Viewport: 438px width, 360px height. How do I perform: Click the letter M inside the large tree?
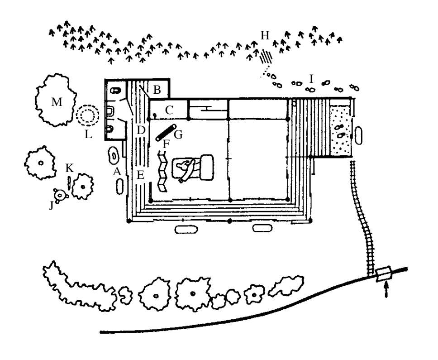point(56,103)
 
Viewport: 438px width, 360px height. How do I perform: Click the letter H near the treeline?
point(265,36)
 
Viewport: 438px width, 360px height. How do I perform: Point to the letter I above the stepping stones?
point(311,78)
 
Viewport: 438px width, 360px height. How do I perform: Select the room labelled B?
point(157,90)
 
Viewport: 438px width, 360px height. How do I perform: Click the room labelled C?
point(168,110)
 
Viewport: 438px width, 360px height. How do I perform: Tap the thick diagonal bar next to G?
point(165,132)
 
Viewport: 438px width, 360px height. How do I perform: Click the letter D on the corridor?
point(140,130)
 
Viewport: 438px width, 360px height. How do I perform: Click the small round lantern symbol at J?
point(60,195)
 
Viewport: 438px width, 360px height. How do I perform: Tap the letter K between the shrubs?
point(69,168)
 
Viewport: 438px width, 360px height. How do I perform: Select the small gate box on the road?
point(383,274)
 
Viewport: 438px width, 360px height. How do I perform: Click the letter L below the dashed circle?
point(89,134)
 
